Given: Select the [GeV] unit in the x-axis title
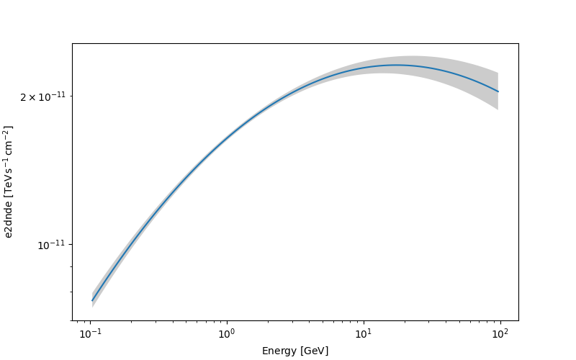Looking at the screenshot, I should tap(315, 351).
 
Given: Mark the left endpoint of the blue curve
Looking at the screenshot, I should tap(92, 300).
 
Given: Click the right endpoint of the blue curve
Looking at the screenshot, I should tap(498, 91).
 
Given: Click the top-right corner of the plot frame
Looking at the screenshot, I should tap(518, 43).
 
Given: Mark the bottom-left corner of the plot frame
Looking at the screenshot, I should tap(72, 320).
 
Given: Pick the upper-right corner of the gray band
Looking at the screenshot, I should tap(498, 73).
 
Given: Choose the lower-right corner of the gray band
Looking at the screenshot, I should tap(498, 109).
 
